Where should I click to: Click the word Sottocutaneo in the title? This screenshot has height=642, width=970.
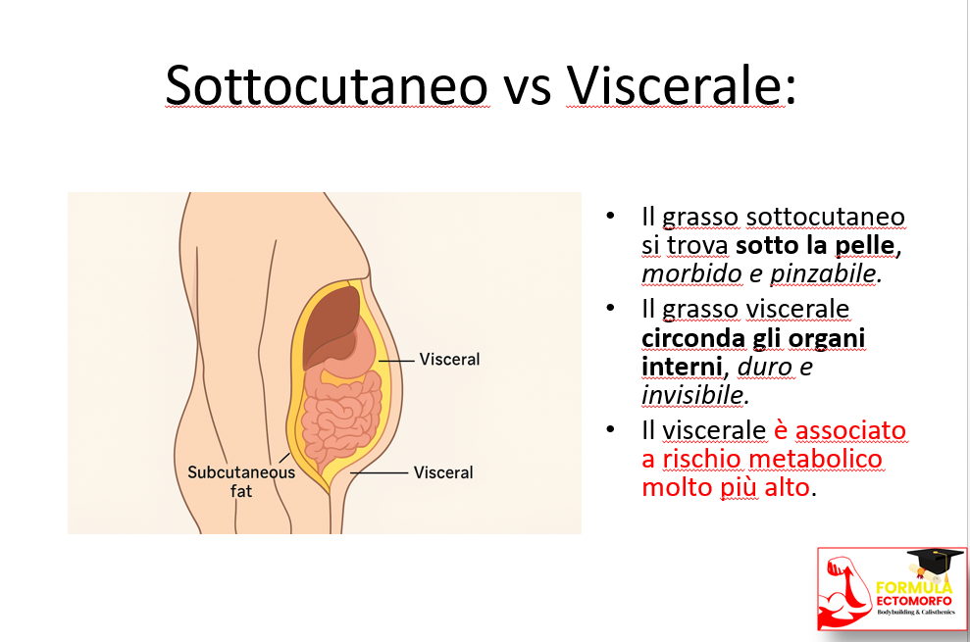[x=328, y=85]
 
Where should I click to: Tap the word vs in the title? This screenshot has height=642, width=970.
[x=528, y=90]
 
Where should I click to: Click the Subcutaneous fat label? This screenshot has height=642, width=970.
[x=241, y=481]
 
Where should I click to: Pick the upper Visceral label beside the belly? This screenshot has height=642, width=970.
[x=450, y=360]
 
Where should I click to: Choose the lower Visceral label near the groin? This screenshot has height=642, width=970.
[x=443, y=472]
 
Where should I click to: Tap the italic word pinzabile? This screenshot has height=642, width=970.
[x=824, y=274]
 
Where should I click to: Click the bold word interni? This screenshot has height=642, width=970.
[x=682, y=367]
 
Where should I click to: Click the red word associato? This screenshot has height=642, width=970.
[x=850, y=430]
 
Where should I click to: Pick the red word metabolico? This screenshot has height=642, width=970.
[x=816, y=459]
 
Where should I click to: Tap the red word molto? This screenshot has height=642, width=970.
[x=677, y=487]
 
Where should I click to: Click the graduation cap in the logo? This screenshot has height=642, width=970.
[x=935, y=563]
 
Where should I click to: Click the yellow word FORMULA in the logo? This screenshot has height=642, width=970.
[x=914, y=587]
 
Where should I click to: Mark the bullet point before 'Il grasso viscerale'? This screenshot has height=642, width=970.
[x=611, y=308]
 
